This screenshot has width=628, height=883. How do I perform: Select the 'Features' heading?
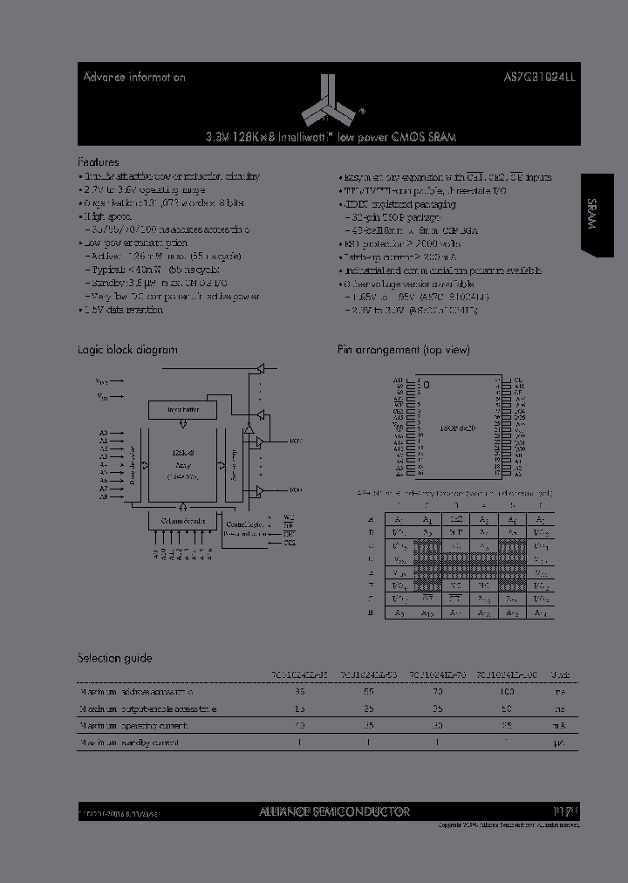(99, 162)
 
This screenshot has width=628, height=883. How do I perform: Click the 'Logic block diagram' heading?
(127, 350)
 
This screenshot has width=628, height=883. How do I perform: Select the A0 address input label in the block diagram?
(102, 433)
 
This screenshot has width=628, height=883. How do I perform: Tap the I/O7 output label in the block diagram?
(295, 441)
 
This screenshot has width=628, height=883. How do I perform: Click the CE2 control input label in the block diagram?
(289, 543)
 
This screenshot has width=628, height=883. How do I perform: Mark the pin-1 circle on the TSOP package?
(426, 384)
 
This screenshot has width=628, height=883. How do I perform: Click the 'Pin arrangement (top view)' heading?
(403, 350)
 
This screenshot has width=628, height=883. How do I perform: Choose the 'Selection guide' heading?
(114, 659)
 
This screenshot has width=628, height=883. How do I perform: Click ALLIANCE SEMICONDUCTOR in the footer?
(334, 811)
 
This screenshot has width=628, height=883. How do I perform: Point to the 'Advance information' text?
(133, 77)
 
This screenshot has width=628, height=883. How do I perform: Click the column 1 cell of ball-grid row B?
(399, 530)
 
